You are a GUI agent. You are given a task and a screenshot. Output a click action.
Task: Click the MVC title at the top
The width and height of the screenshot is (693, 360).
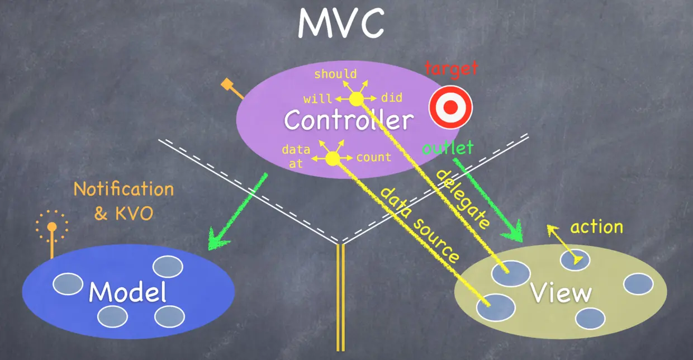pyautogui.click(x=340, y=23)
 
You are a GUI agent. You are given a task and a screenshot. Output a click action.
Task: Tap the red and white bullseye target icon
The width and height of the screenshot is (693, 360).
pyautogui.click(x=450, y=107)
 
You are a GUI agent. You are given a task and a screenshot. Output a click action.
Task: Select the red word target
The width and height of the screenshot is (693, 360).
pyautogui.click(x=451, y=69)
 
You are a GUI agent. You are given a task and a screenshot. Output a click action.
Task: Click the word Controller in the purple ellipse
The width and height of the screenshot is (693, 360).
pyautogui.click(x=349, y=120)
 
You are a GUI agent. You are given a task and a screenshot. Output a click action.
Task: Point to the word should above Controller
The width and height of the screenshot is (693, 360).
pyautogui.click(x=335, y=74)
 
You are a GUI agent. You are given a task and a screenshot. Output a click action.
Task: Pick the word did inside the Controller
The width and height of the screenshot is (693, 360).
pyautogui.click(x=392, y=98)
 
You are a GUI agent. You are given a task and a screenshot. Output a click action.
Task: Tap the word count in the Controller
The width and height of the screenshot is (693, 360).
pyautogui.click(x=373, y=157)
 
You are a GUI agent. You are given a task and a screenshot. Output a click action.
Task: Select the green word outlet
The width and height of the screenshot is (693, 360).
pyautogui.click(x=448, y=148)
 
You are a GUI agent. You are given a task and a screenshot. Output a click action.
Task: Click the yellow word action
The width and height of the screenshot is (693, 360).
pyautogui.click(x=596, y=227)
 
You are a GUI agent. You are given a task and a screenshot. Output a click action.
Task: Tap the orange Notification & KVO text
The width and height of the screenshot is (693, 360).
pyautogui.click(x=124, y=201)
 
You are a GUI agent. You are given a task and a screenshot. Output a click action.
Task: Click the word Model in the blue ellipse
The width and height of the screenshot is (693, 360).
pyautogui.click(x=128, y=292)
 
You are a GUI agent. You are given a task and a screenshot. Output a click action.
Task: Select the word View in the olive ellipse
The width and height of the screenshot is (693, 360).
pyautogui.click(x=561, y=293)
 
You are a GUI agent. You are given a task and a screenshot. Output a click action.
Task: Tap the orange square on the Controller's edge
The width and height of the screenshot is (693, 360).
pyautogui.click(x=226, y=84)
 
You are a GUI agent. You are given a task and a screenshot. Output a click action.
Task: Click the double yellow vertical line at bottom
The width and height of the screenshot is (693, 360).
pyautogui.click(x=340, y=299)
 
